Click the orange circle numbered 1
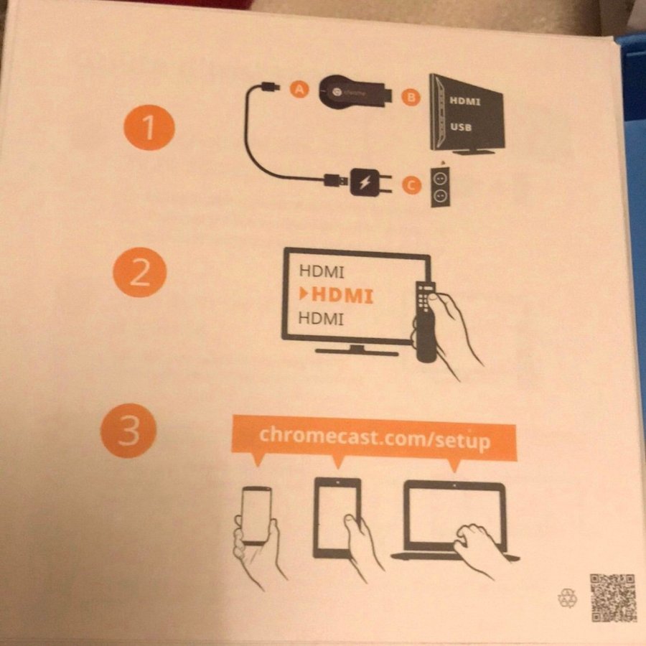click(149, 127)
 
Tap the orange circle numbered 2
click(139, 272)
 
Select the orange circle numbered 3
click(128, 430)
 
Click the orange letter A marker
click(299, 90)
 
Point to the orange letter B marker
click(411, 98)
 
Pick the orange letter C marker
click(411, 186)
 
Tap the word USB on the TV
click(461, 126)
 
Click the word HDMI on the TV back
click(464, 100)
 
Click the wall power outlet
click(440, 187)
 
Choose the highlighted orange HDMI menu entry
click(337, 295)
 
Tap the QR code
click(614, 597)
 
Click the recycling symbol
click(567, 598)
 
